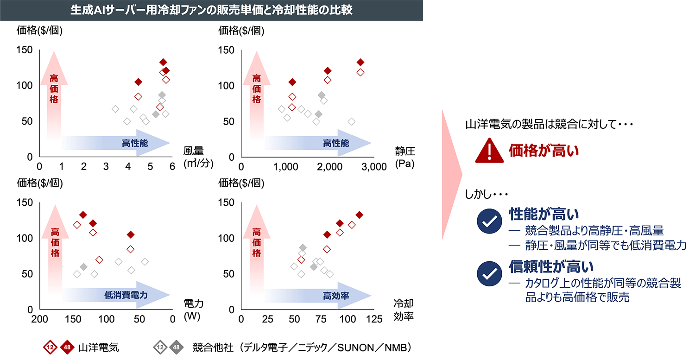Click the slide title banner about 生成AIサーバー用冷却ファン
coord(211,10)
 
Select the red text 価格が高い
coord(543,151)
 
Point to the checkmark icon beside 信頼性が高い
coord(488,274)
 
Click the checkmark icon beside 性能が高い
coord(488,222)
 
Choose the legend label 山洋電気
coord(98,347)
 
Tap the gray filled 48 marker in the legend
coord(176,347)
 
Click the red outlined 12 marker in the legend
coord(50,347)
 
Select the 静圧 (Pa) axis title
coord(404,157)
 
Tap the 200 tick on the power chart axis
coord(40,319)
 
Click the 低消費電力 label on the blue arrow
coord(126,295)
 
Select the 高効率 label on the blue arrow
coord(336,295)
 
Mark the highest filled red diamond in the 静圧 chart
coord(360,62)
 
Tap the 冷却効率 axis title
coord(403,309)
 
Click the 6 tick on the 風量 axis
coord(172,167)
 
